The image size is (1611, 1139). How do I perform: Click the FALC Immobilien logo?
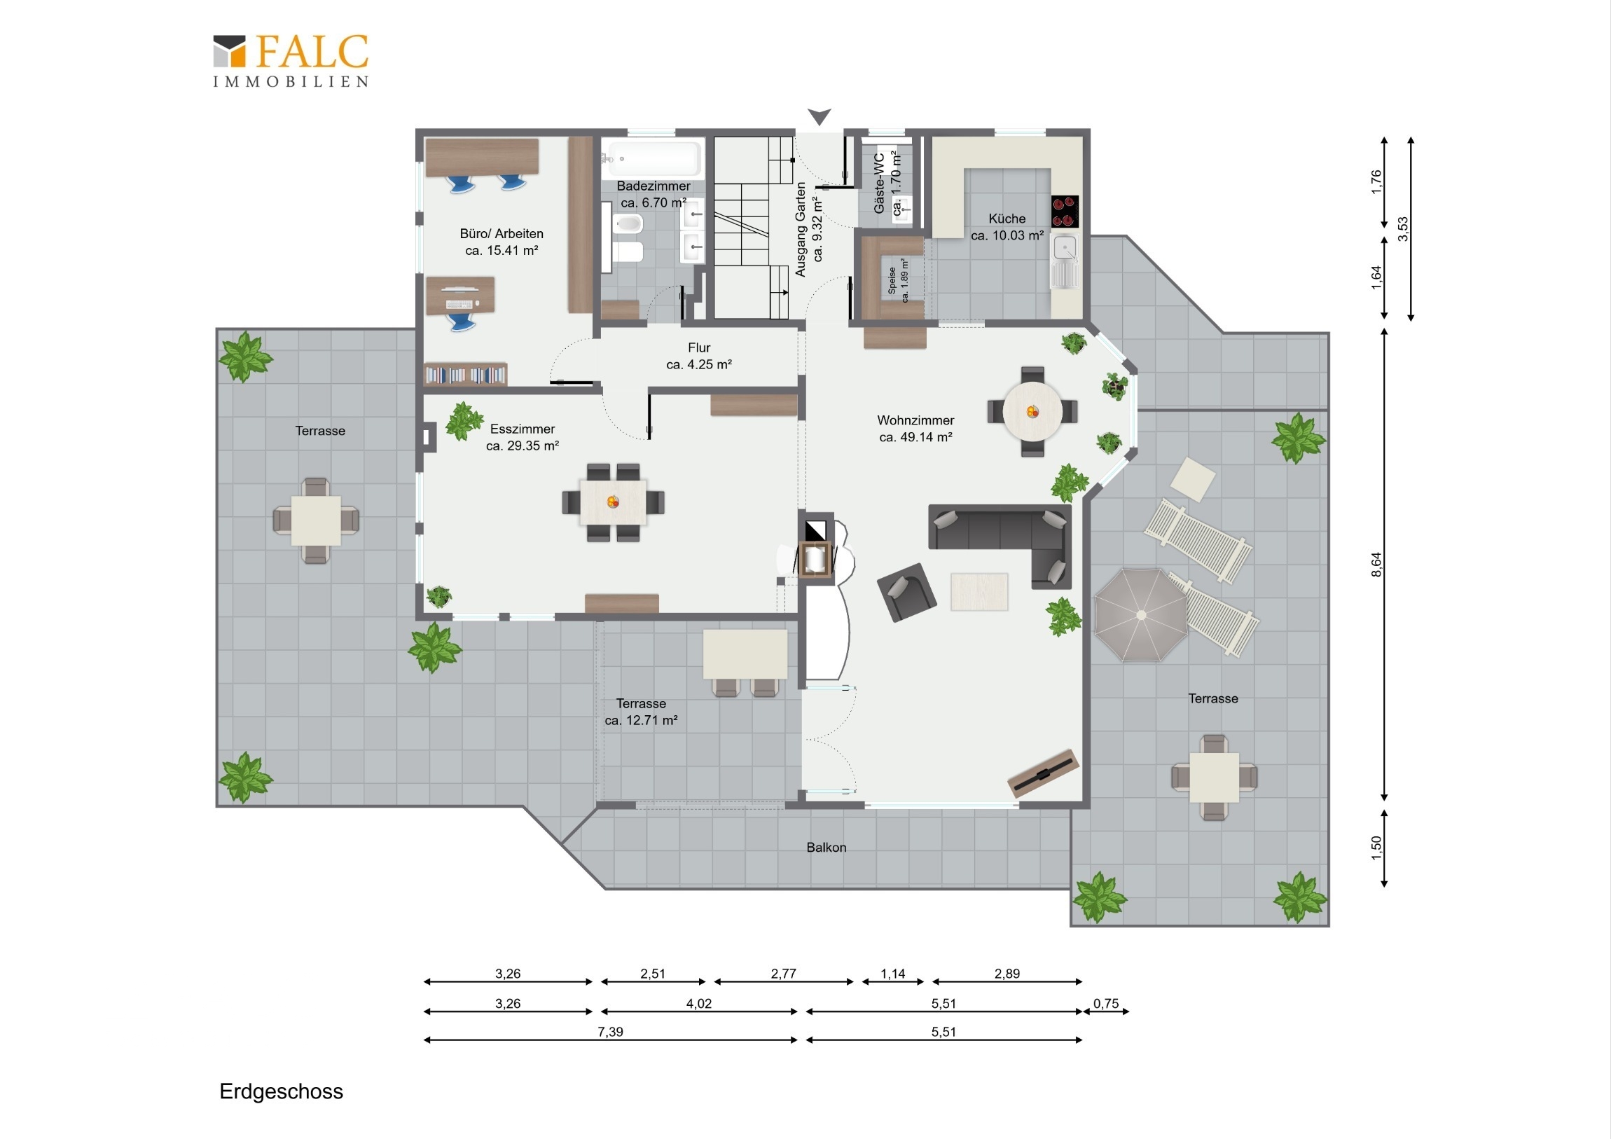coord(291,61)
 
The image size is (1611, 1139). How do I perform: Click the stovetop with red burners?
coord(1065,212)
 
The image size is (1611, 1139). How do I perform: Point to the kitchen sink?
coord(1065,261)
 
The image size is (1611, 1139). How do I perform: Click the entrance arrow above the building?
coord(819,116)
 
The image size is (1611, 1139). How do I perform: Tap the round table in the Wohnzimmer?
coord(1032,411)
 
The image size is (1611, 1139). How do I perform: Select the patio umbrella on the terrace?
coord(1141,615)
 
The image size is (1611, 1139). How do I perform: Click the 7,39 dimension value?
coord(611,1032)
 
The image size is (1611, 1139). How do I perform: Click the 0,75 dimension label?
coord(1106,1004)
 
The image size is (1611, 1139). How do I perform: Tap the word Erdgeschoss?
coord(282,1091)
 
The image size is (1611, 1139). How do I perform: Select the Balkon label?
coord(827,847)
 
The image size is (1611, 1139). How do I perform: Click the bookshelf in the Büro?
coord(465,375)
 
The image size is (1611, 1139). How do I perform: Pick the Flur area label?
coord(699,356)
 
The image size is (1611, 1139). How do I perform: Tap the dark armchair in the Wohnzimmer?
coord(906,593)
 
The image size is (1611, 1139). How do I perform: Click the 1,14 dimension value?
coord(892,974)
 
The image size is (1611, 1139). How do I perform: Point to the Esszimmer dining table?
coord(614,502)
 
